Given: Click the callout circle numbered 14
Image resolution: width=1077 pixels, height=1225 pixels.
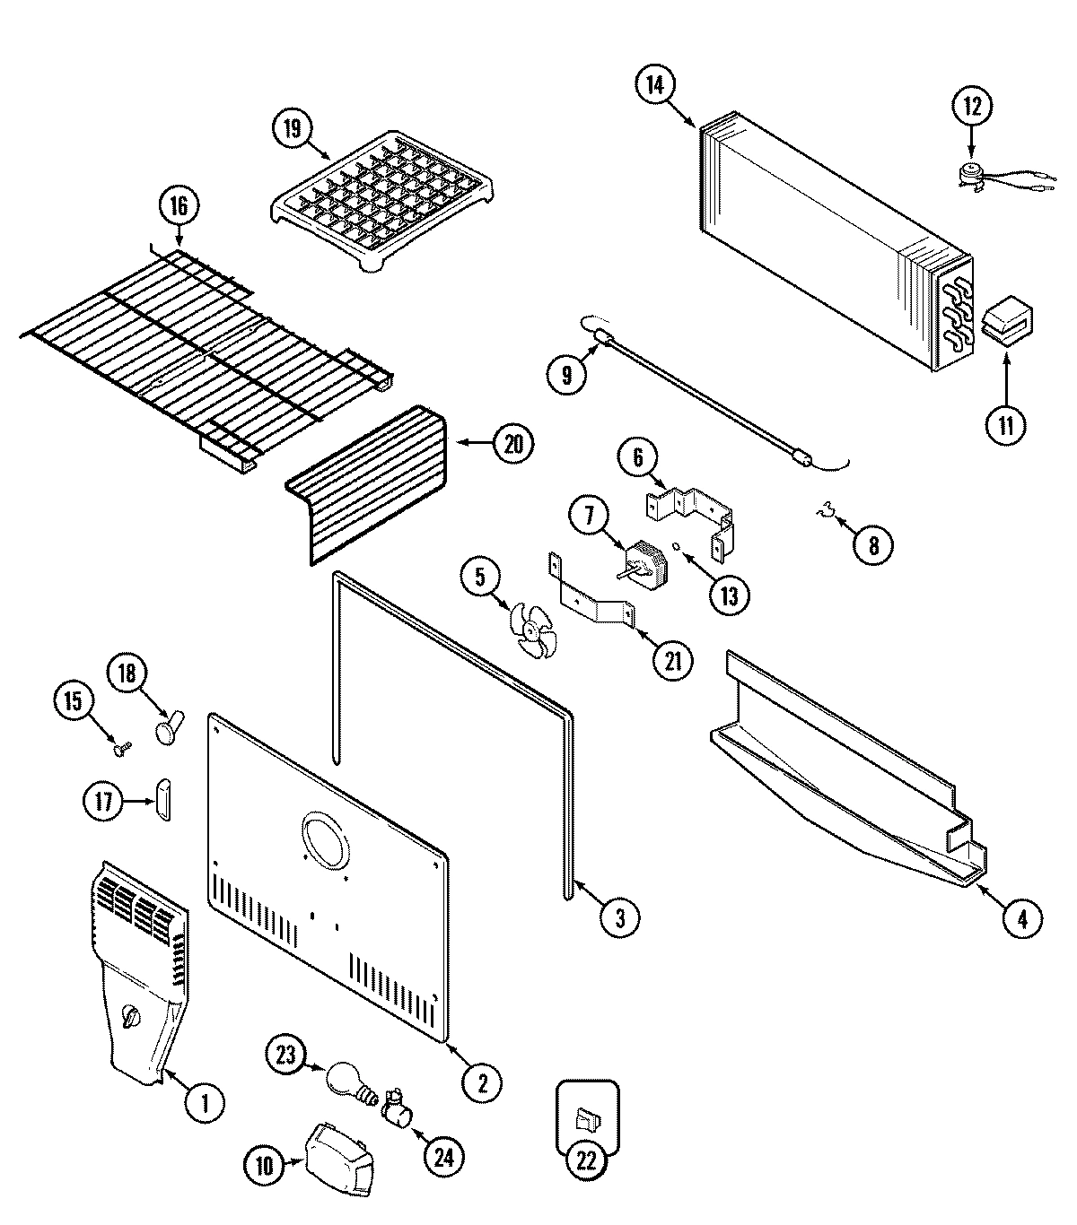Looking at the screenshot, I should (656, 85).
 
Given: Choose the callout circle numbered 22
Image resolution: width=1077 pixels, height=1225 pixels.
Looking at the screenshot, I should (586, 1160).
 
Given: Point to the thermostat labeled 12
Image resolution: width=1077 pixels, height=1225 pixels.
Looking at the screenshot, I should (970, 173).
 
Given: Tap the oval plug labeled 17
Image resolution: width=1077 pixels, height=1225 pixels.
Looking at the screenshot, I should (162, 797).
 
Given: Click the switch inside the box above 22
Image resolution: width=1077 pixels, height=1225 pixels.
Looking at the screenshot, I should (586, 1119).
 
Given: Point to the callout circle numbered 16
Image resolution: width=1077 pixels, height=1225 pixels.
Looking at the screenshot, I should (177, 205).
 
